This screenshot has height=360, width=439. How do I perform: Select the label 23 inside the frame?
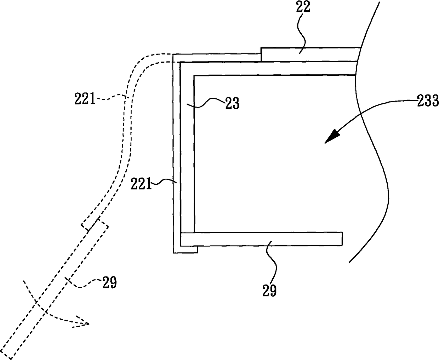point(232,103)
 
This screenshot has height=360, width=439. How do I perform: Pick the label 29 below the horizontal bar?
point(269,291)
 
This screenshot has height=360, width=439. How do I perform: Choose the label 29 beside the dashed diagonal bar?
point(109,283)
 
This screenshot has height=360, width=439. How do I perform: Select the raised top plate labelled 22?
point(310,54)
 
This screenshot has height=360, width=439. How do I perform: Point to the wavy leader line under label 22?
point(301,34)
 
